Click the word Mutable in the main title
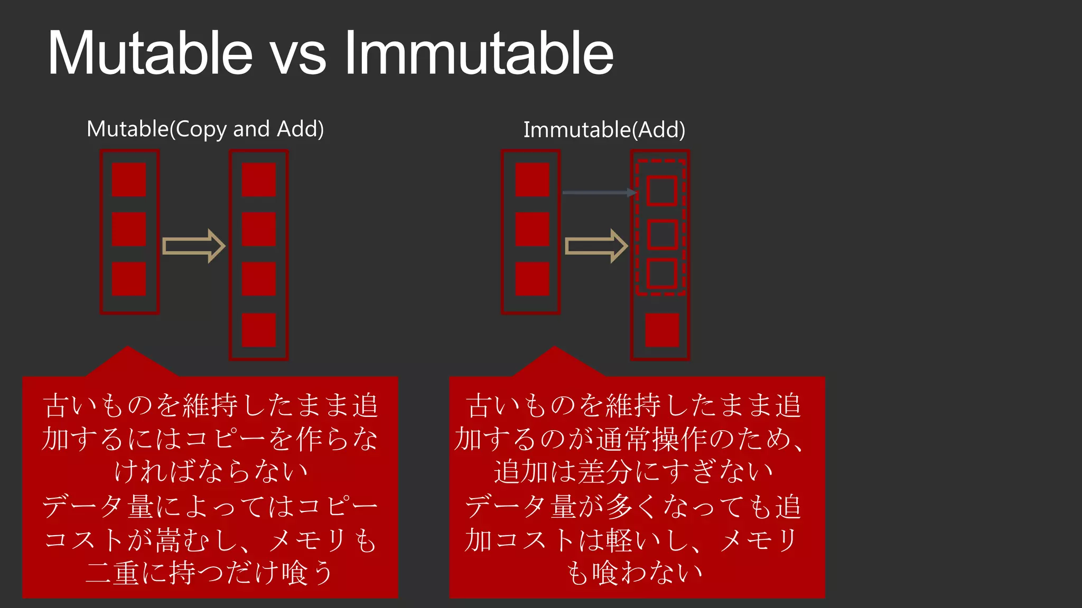tap(150, 53)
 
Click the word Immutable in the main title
tap(479, 53)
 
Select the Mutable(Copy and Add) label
tap(205, 129)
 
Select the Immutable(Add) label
tap(604, 130)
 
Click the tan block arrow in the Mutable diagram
tap(193, 246)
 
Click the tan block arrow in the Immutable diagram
tap(596, 246)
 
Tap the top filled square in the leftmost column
tap(129, 179)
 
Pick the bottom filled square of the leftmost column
tap(129, 279)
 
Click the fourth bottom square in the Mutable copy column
tap(259, 330)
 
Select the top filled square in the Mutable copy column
tap(259, 179)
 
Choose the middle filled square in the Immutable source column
tap(532, 229)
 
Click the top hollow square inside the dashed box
tap(661, 191)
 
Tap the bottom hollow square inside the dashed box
tap(661, 273)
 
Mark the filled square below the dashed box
tap(662, 330)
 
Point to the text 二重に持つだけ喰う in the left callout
tap(209, 573)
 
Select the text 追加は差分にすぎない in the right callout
tap(633, 471)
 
